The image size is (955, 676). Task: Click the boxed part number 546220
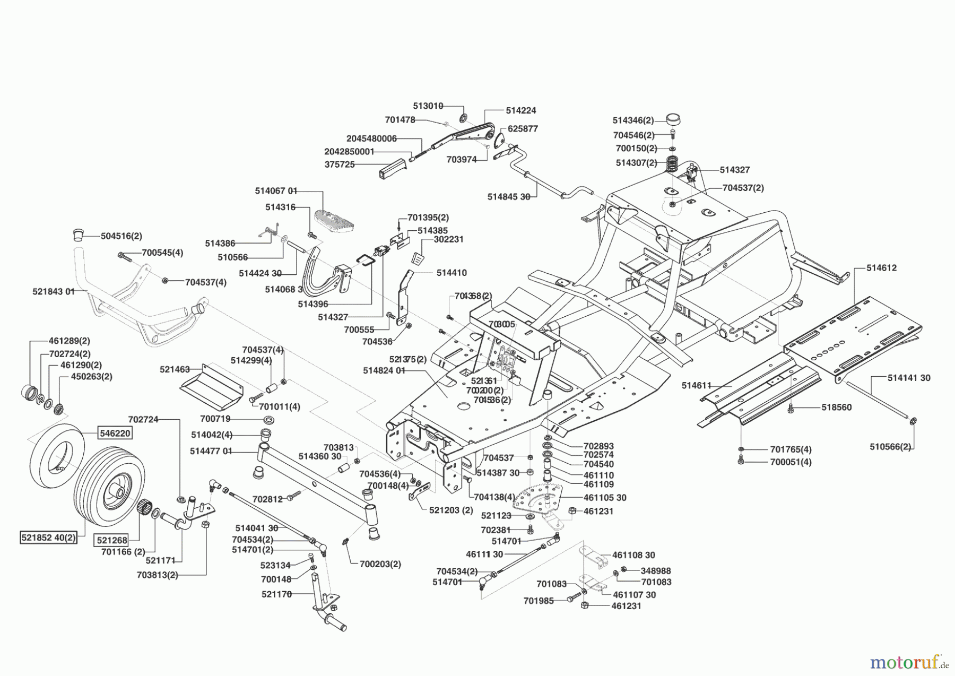click(115, 433)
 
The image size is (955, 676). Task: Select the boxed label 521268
click(111, 540)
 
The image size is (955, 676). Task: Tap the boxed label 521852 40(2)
click(48, 537)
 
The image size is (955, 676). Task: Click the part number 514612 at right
click(881, 268)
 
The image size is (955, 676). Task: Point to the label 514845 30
click(508, 197)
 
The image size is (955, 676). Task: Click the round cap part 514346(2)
click(673, 119)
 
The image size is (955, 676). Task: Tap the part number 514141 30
click(909, 378)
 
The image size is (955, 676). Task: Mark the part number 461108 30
click(633, 555)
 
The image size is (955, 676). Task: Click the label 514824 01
click(384, 370)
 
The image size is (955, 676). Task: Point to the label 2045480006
click(371, 138)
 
